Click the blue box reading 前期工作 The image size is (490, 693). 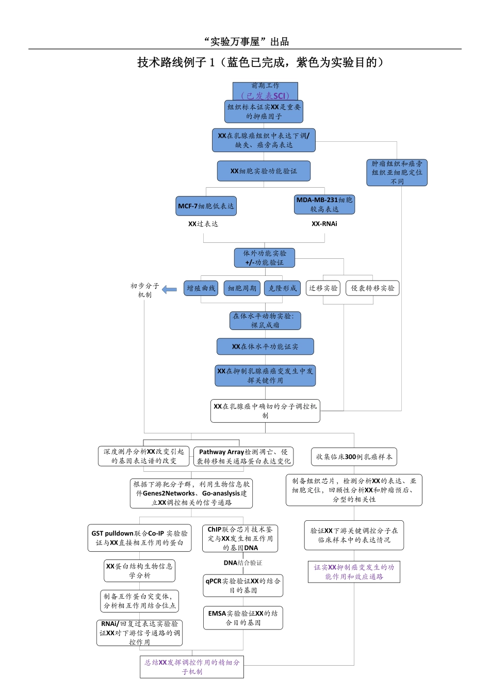point(265,91)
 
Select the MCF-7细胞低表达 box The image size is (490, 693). point(206,206)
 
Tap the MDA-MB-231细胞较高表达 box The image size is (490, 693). point(324,204)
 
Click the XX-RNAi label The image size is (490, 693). point(324,224)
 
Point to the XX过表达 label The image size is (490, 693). point(203,224)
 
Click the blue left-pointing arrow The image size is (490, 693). point(169,290)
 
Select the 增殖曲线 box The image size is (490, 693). point(201,288)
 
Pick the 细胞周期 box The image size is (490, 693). point(242,288)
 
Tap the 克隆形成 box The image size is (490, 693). point(283,288)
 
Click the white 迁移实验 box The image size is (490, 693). point(323,288)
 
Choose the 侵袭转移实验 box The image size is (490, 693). point(372,288)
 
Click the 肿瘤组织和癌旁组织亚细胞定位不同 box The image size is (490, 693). point(397,172)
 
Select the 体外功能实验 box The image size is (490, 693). point(265,258)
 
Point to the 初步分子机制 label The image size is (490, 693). point(145,290)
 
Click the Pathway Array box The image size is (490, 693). point(243,456)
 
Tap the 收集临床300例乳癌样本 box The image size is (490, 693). point(354,457)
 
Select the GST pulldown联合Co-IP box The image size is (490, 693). point(139,538)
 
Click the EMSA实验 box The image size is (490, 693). point(243,618)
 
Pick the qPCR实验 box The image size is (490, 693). point(243,585)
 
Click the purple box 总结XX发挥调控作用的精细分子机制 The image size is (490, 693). point(192,667)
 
